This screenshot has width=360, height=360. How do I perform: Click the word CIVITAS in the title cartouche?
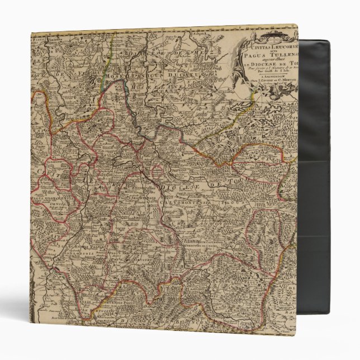pyautogui.click(x=255, y=48)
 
